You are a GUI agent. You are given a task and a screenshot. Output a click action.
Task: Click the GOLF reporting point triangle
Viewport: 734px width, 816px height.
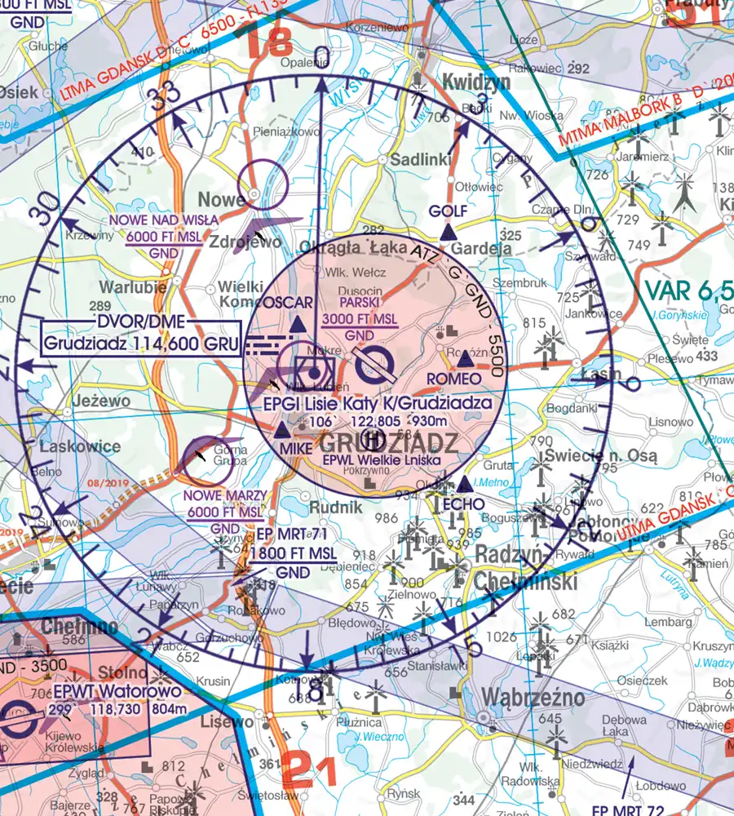(x=447, y=234)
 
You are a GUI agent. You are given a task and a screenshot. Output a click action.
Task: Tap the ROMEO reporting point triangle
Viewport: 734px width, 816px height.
(x=465, y=360)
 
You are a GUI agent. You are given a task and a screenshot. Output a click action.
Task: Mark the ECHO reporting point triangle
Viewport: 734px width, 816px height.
(x=465, y=484)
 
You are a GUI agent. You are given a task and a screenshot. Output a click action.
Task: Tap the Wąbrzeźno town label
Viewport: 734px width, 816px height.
(x=533, y=697)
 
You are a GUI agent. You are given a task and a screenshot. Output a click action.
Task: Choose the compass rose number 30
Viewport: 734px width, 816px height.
(x=47, y=210)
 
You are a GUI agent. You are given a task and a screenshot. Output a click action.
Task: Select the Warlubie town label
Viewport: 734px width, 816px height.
(x=133, y=287)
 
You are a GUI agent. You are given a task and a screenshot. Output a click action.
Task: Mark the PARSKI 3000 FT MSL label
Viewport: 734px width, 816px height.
(x=360, y=311)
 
